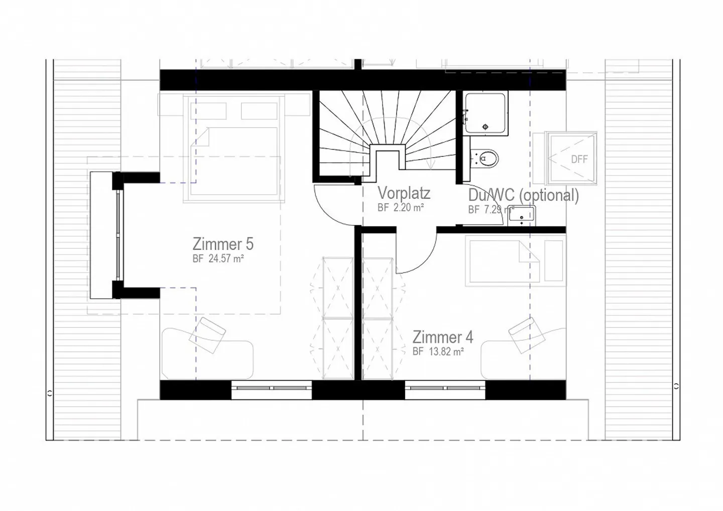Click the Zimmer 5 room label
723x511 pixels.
(223, 244)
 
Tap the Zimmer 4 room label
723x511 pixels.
(442, 337)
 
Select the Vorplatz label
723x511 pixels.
(404, 193)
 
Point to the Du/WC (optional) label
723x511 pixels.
(523, 195)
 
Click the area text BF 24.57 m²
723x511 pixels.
(218, 259)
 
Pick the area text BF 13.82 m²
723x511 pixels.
(438, 351)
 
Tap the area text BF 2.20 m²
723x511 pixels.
(401, 207)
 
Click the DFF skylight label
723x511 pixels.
(579, 159)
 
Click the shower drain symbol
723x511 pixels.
(485, 127)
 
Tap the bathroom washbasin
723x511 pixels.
(521, 216)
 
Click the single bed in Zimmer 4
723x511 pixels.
(516, 261)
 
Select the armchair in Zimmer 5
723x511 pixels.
(207, 335)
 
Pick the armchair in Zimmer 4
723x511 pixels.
(527, 335)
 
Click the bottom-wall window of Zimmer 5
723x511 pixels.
(272, 390)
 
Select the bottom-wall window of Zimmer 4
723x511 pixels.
(445, 390)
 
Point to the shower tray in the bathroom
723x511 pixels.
(485, 113)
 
